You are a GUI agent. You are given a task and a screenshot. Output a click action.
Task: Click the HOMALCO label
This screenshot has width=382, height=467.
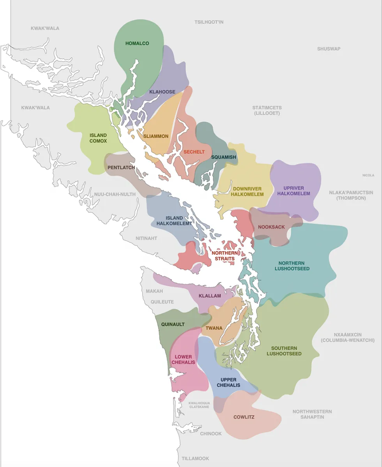pos(137,43)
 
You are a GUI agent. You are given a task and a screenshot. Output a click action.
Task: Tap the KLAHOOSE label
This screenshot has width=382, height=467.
pos(162,92)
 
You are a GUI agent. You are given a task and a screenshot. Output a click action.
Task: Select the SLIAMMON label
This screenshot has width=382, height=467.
pos(156,136)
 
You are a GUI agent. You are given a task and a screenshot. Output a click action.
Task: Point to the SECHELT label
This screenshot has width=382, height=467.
pos(194,152)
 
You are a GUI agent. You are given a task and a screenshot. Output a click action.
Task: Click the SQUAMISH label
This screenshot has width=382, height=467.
pos(224,157)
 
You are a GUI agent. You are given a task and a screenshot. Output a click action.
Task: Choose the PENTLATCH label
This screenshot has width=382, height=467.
pos(121,167)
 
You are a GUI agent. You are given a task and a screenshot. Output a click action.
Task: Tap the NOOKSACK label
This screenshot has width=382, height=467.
pos(271,227)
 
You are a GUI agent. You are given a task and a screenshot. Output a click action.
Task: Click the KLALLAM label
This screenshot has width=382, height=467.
pos(210,296)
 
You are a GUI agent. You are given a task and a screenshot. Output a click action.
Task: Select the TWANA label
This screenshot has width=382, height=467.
pos(214,328)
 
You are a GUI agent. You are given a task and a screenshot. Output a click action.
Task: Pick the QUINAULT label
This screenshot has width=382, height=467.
pos(173,324)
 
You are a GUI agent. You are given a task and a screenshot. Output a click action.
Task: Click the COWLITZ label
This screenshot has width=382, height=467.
pos(244,417)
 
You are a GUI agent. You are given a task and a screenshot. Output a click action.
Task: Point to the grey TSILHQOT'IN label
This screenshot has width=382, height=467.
pos(209,22)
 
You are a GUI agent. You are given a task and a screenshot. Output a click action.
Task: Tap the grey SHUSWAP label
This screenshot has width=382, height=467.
pos(329,49)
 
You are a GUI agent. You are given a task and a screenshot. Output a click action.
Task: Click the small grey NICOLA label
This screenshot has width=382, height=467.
pos(368,175)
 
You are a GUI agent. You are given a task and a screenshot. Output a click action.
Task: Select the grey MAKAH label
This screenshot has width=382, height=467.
pos(154,291)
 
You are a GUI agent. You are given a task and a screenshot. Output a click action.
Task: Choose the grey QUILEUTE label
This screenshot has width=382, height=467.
pos(160,302)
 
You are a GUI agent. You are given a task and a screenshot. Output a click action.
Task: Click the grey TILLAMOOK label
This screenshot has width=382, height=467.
pos(195,458)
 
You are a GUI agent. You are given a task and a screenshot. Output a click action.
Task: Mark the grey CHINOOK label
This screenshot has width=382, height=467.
pos(210,434)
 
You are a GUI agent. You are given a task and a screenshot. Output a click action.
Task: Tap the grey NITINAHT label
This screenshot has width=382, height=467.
pos(146,238)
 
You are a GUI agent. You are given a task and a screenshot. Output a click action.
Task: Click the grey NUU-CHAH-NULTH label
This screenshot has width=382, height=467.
pos(115,194)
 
